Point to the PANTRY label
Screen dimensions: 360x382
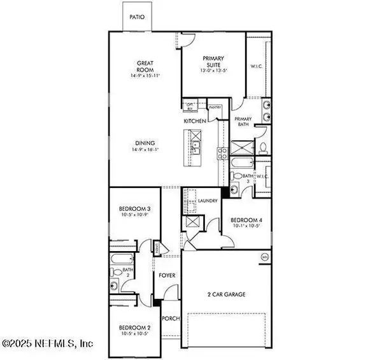[x=215, y=108]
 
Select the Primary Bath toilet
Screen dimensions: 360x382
[x=264, y=148]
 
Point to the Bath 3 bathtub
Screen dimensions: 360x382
[x=241, y=176]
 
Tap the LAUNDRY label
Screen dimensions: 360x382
[x=208, y=201]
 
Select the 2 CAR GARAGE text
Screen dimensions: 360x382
[x=226, y=294]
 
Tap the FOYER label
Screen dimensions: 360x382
[x=166, y=277]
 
